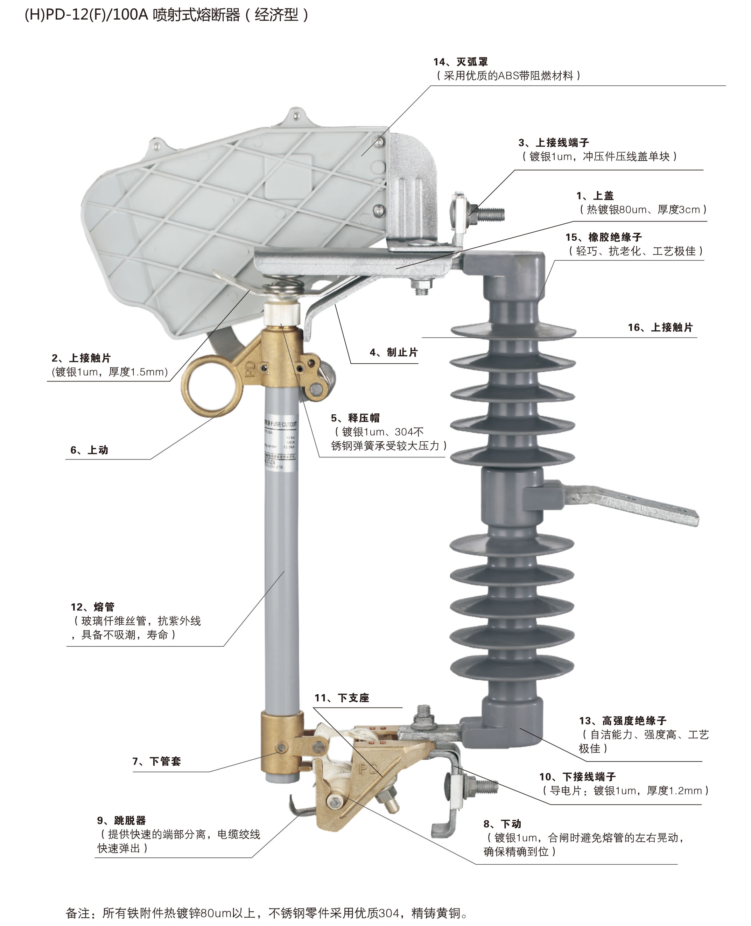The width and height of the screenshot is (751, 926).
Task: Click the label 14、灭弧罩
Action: [x=461, y=62]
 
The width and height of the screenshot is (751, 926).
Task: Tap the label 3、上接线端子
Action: [x=554, y=143]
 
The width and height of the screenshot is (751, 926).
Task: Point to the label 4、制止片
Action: [x=394, y=352]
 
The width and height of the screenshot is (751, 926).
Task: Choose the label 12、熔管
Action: [x=93, y=607]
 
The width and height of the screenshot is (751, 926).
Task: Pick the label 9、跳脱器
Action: [x=121, y=820]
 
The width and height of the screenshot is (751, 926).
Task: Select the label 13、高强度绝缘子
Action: [x=623, y=721]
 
